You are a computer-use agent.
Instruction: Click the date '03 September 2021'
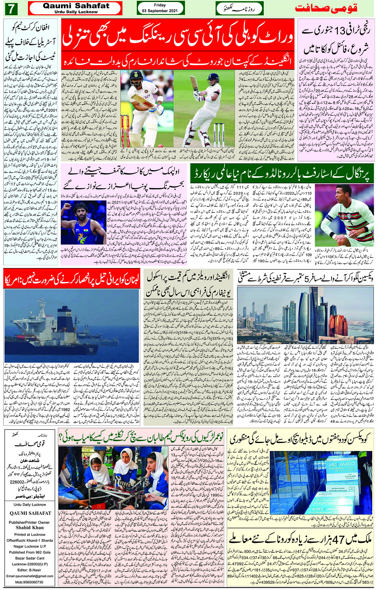point(160,11)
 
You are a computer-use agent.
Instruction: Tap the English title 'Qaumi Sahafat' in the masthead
point(76,6)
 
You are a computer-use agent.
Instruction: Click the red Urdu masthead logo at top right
point(326,8)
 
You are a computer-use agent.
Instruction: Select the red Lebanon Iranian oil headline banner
point(72,280)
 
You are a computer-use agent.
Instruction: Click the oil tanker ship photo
point(72,326)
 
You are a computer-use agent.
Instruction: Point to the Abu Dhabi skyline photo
point(305,316)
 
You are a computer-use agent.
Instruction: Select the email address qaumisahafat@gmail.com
point(30,576)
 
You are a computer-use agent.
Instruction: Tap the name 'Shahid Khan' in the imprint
point(30,527)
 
